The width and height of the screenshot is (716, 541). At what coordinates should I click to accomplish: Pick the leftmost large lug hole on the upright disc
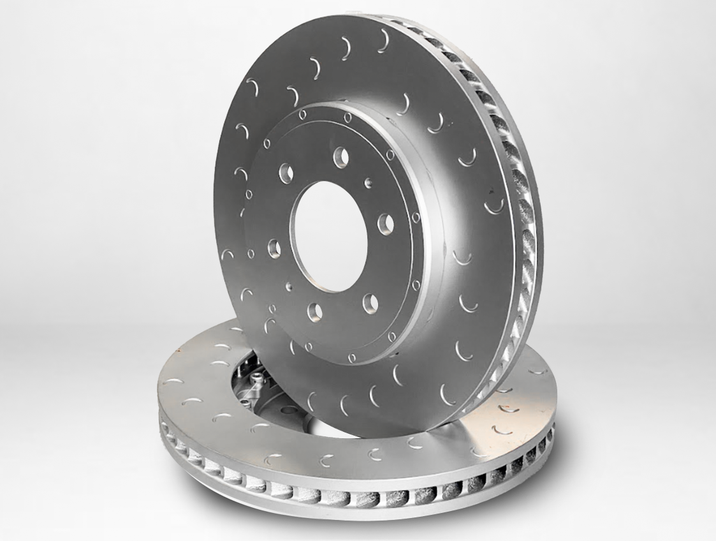[274, 248]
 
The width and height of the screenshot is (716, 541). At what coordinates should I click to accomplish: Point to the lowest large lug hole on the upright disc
[315, 311]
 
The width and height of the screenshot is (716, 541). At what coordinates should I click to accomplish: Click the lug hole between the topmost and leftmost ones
[285, 172]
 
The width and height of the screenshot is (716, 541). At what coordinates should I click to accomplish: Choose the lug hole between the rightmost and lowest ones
[370, 302]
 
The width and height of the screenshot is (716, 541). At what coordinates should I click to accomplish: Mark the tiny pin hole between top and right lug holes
[368, 183]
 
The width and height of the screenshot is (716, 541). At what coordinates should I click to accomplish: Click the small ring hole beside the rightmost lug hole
[416, 218]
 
